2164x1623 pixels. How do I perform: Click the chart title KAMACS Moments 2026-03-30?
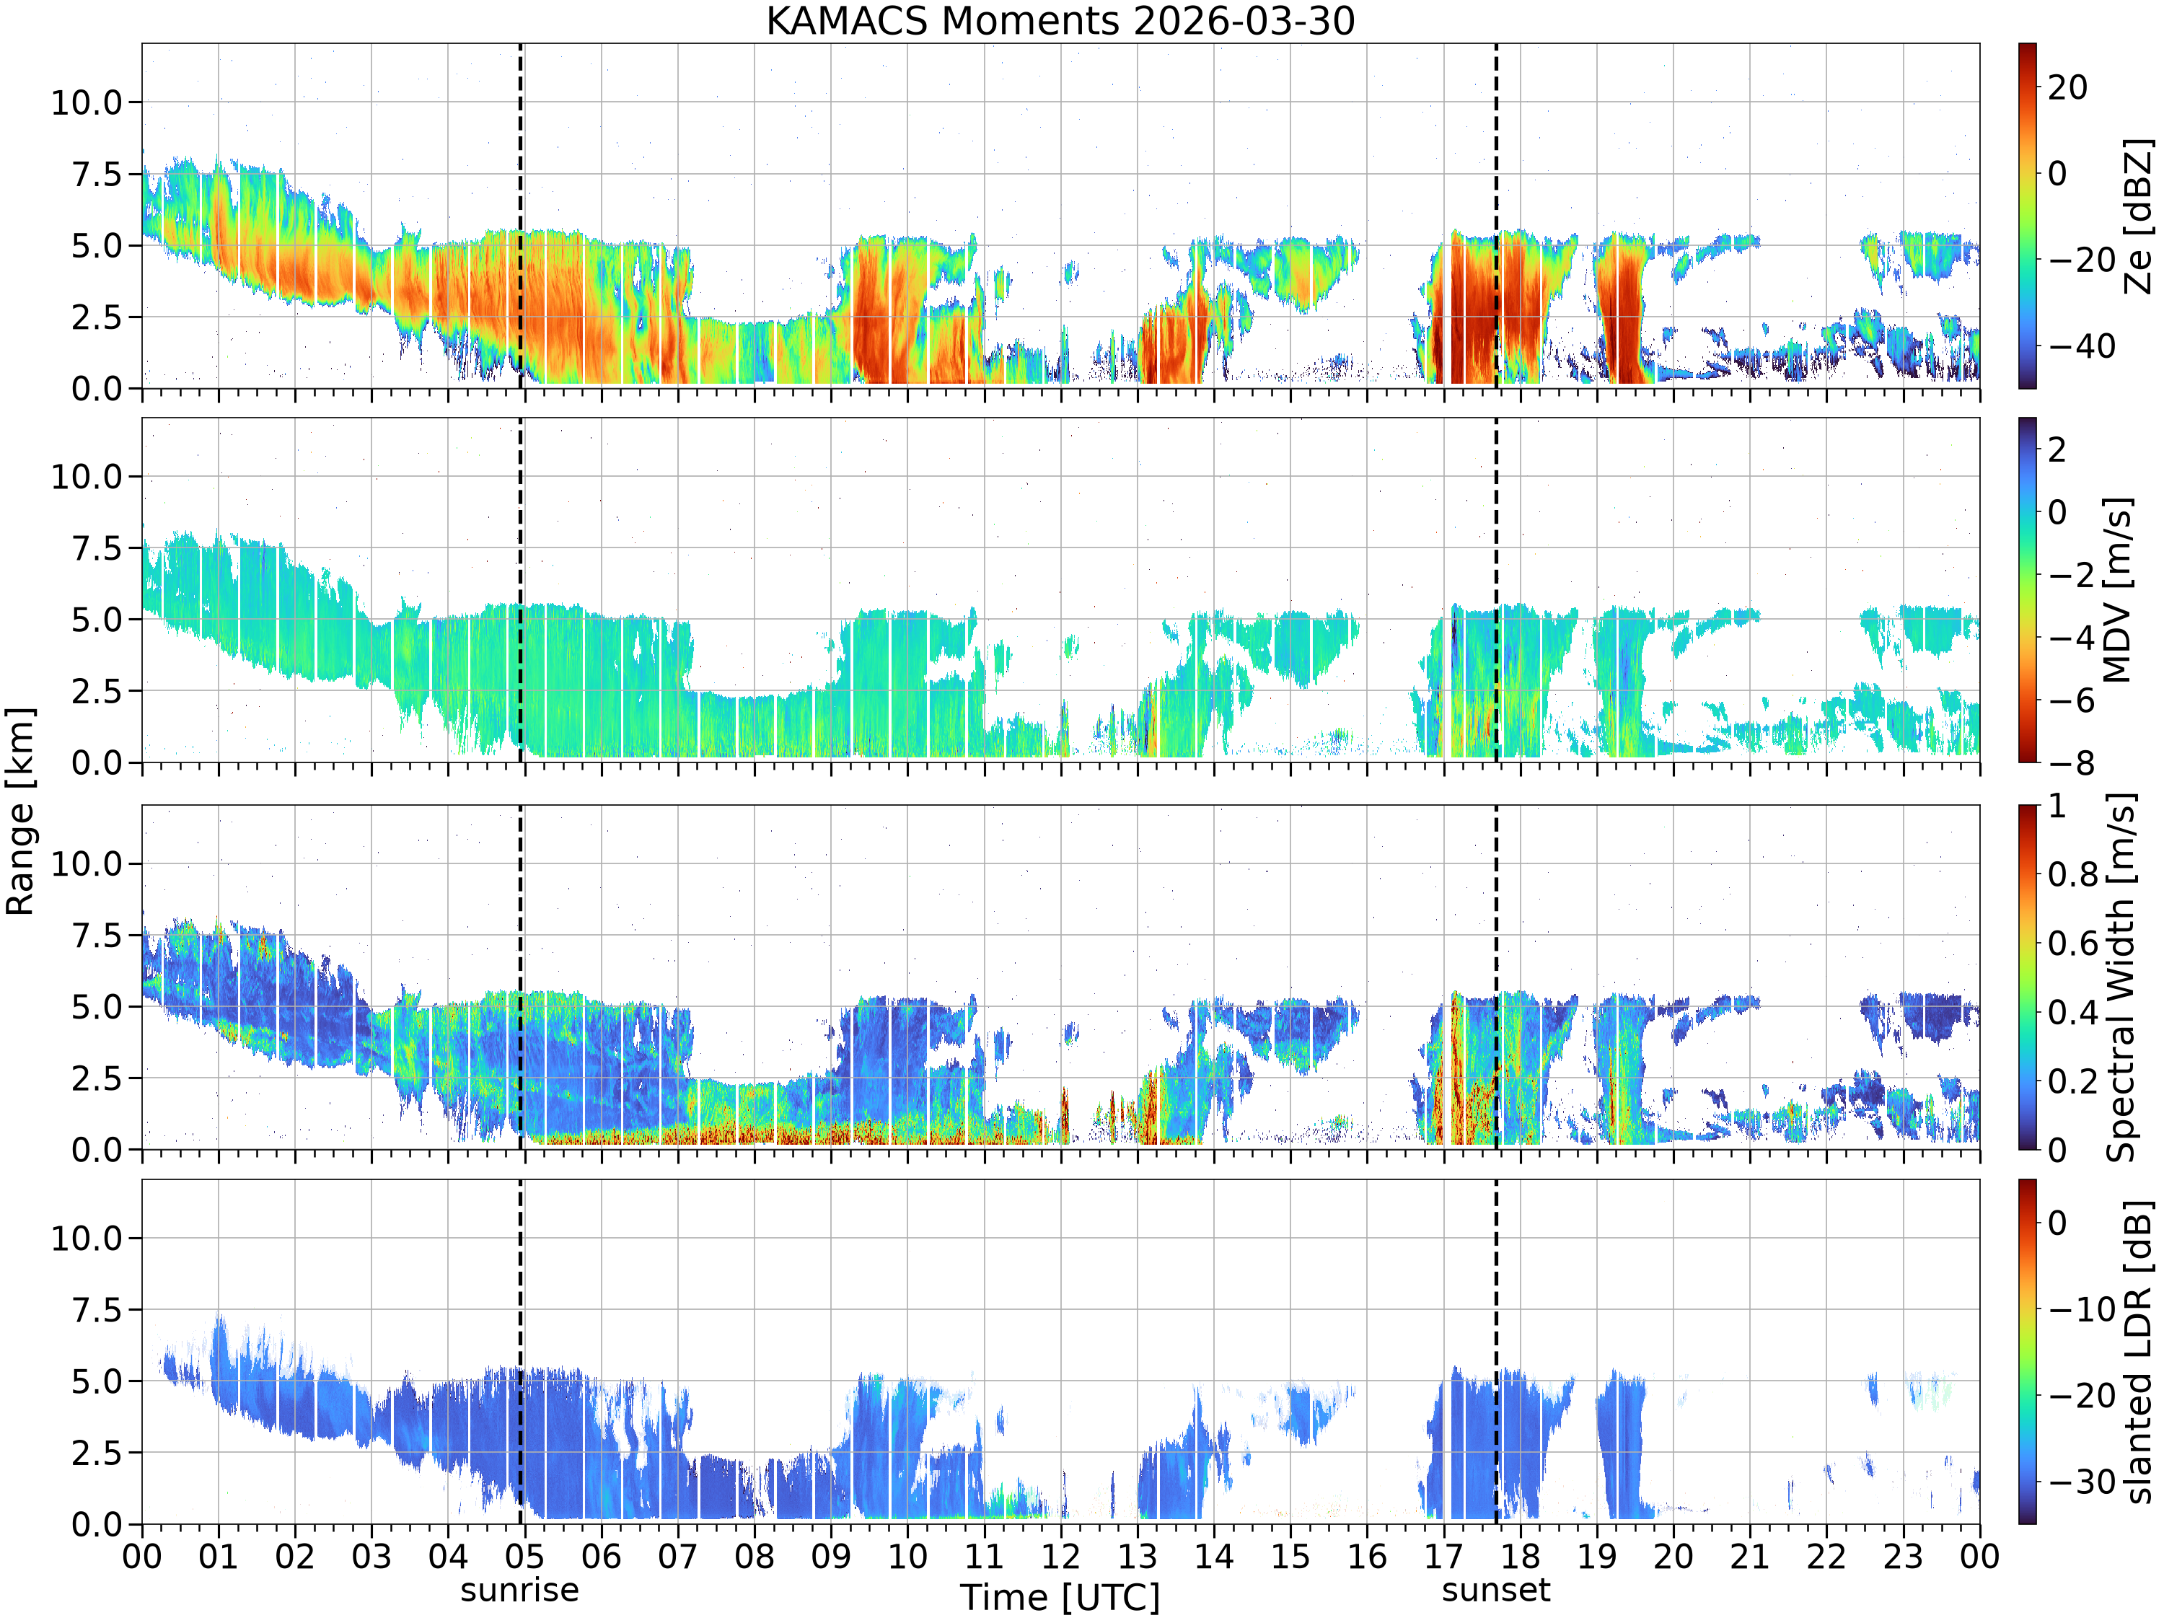1060,20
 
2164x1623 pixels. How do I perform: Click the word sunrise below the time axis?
519,1589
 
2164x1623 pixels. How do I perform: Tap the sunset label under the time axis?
1496,1589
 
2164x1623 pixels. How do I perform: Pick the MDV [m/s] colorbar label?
2117,590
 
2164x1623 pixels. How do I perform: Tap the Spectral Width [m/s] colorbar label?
2120,977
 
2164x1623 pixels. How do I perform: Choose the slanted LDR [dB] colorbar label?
2139,1351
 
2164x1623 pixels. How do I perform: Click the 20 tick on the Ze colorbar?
2068,87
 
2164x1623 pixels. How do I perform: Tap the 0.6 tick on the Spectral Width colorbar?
2073,942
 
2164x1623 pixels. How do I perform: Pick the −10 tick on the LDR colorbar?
2082,1309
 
